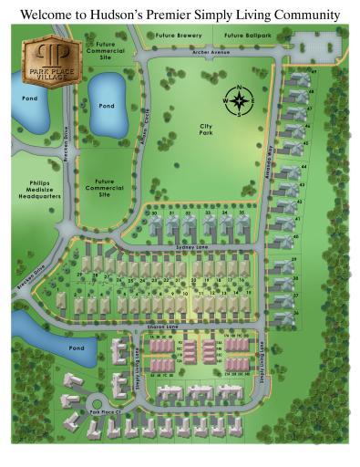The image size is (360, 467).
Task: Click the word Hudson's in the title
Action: (145, 15)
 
